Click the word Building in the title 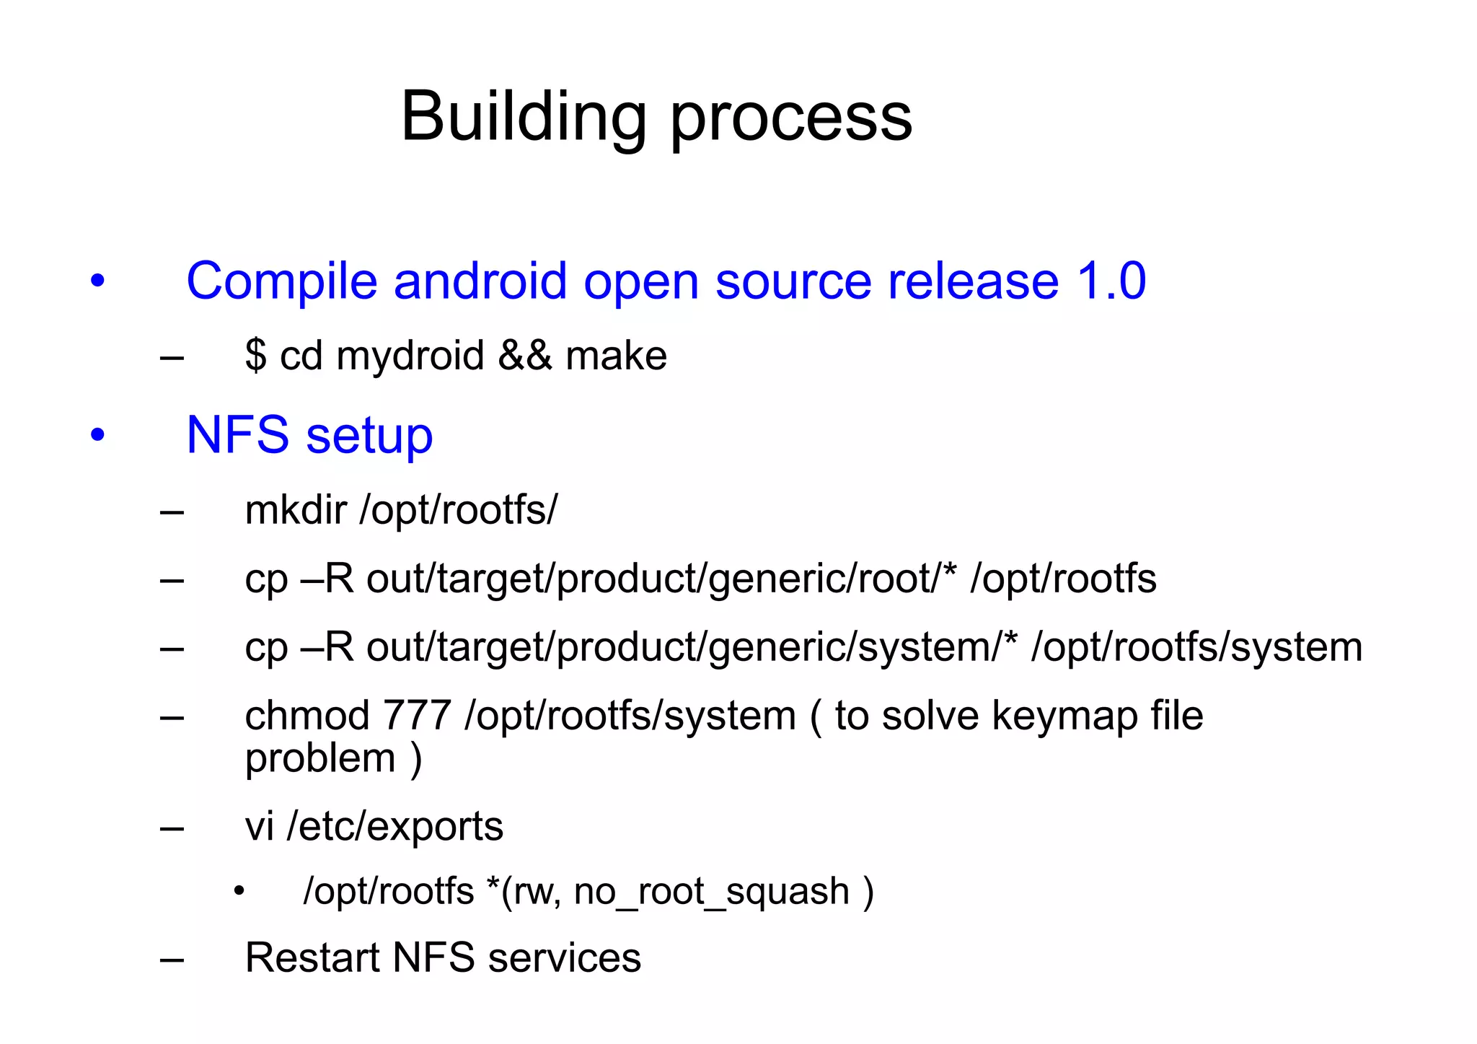click(524, 117)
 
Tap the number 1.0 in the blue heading click(1111, 281)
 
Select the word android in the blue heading click(480, 281)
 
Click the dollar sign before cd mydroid click(255, 355)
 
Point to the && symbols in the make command click(525, 355)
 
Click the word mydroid click(410, 356)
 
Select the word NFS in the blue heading click(237, 435)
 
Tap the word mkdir click(296, 509)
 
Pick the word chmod click(307, 715)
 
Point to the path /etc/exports click(394, 826)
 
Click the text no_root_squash click(711, 891)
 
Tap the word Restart click(311, 957)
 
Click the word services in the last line click(564, 957)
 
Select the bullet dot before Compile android click(98, 281)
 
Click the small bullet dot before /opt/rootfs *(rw click(239, 892)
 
